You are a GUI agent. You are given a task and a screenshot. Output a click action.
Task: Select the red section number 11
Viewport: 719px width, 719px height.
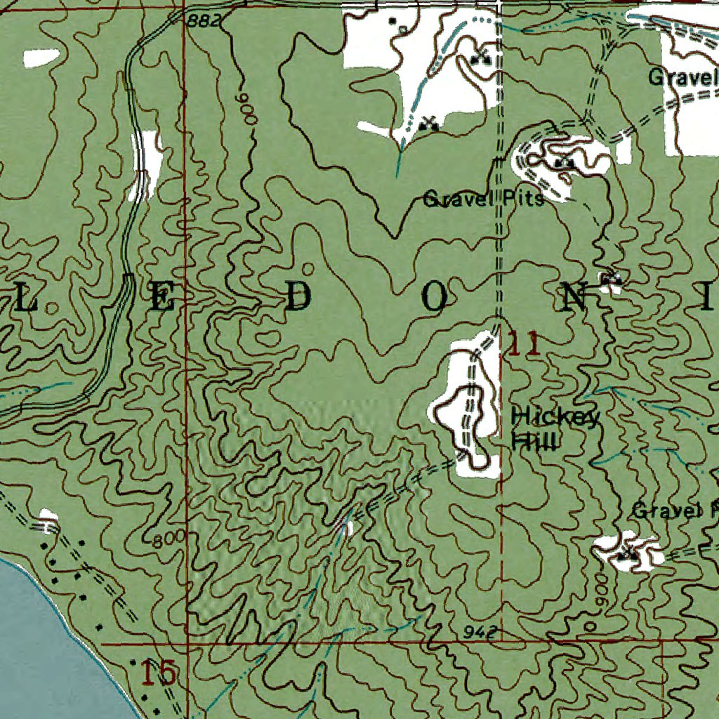pos(524,345)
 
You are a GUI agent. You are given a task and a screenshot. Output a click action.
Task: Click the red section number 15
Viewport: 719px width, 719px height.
pos(158,674)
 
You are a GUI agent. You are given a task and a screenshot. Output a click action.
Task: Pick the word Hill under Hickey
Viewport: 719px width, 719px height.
pos(534,442)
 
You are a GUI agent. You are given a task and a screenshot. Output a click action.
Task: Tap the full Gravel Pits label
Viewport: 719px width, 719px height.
pos(483,199)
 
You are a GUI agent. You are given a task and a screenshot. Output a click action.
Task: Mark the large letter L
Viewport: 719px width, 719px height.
pos(26,299)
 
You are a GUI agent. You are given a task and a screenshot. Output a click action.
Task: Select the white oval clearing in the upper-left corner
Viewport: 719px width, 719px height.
pos(41,58)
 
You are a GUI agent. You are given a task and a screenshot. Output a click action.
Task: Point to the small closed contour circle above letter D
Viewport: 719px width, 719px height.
pos(308,269)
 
